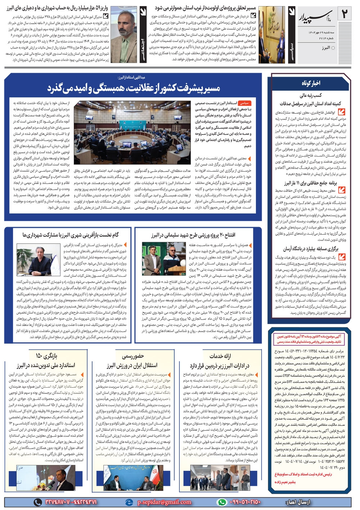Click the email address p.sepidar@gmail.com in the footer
coord(164,502)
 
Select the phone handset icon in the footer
coord(37,502)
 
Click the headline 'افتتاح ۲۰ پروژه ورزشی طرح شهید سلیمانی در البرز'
coord(193,235)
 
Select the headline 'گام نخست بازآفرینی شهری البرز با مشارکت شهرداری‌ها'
coord(71,235)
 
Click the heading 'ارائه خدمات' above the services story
coord(220,356)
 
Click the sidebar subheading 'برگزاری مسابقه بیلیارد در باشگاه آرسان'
coord(311,248)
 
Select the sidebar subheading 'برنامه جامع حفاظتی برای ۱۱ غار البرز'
coord(310,183)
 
